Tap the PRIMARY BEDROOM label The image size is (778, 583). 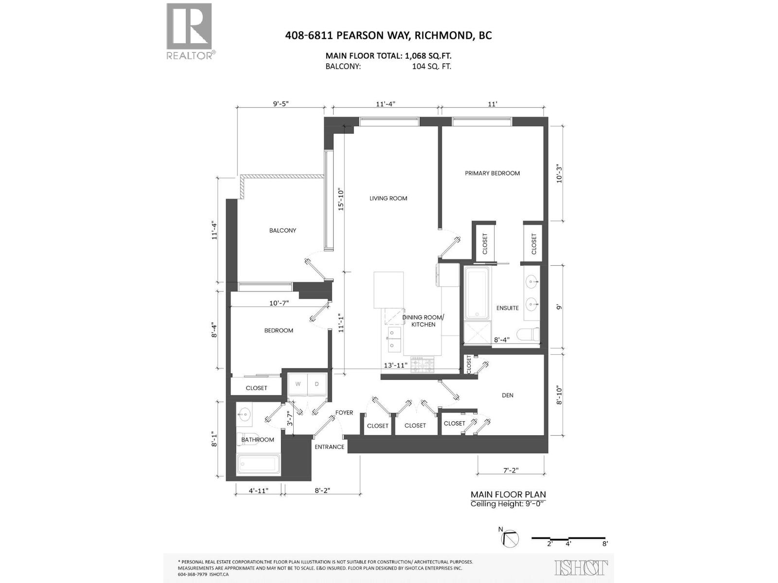tap(492, 173)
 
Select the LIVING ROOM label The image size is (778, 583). tap(388, 198)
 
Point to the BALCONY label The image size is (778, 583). tap(283, 230)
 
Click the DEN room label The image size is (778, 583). tap(507, 395)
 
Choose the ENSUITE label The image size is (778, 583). tap(507, 308)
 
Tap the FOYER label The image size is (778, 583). tap(344, 412)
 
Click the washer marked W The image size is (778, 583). tap(298, 384)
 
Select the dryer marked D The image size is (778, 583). tap(317, 384)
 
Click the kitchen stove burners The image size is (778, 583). tap(422, 364)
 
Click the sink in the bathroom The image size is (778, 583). tap(244, 415)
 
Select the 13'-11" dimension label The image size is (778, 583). tap(395, 365)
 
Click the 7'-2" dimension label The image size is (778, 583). tap(511, 470)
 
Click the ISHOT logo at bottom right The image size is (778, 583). tap(581, 567)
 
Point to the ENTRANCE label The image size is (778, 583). tap(329, 447)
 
